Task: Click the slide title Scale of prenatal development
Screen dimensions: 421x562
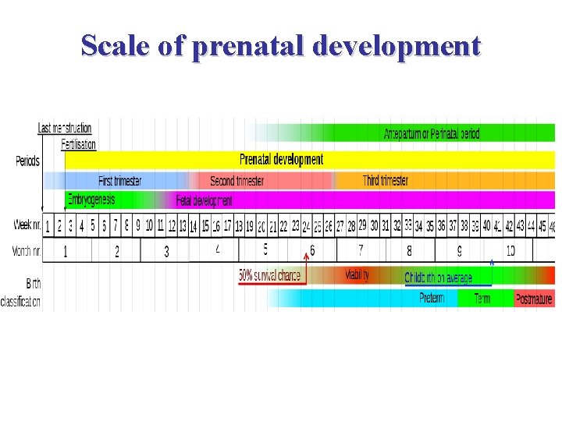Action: (x=281, y=46)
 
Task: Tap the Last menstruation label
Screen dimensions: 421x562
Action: (x=65, y=128)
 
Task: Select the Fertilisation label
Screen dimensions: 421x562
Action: (x=78, y=144)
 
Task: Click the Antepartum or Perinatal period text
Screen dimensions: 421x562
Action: (x=431, y=134)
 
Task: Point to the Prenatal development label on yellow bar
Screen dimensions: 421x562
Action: (x=281, y=160)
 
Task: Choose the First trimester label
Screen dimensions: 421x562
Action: (x=119, y=181)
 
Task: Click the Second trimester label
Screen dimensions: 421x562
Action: (x=237, y=181)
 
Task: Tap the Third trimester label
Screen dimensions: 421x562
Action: (x=385, y=181)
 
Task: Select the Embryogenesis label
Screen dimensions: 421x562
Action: (x=91, y=200)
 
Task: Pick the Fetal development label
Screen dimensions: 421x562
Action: (x=204, y=200)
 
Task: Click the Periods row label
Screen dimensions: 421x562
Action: (x=27, y=161)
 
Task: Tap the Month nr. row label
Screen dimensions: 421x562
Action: (x=27, y=251)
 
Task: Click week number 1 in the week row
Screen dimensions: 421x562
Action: (x=48, y=226)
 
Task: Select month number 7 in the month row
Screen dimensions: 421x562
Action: (x=361, y=251)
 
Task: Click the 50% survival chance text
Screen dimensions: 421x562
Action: (x=269, y=276)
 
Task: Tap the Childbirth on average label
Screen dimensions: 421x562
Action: (x=438, y=278)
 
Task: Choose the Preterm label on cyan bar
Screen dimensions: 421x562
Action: (x=432, y=298)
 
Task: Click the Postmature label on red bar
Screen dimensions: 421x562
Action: (x=533, y=299)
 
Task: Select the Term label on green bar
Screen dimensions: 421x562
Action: (x=482, y=299)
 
